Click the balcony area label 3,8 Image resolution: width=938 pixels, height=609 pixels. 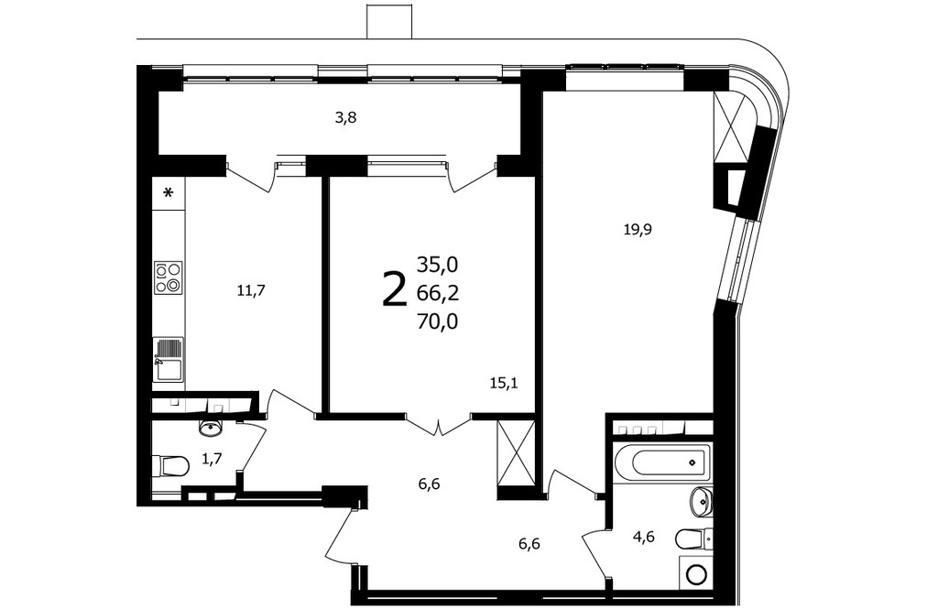point(345,117)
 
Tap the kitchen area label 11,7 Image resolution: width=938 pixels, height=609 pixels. point(251,290)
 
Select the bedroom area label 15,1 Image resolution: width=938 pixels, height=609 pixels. point(504,382)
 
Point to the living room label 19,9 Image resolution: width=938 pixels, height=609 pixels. point(638,229)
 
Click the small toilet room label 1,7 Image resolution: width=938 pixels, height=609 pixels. point(212,459)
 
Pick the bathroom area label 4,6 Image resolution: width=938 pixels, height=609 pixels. point(644,537)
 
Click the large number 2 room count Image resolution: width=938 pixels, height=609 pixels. point(394,288)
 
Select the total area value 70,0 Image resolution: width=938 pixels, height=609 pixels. point(438,321)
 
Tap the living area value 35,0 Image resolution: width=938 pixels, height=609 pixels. point(438,263)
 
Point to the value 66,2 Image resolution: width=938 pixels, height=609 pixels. point(438,292)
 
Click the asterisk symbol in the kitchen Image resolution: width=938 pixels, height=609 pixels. point(169,193)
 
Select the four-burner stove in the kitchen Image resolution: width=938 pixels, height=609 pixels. point(169,277)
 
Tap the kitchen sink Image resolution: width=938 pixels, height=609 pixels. point(169,360)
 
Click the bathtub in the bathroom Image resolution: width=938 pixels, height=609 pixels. point(662,462)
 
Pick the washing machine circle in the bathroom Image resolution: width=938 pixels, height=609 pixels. point(696,575)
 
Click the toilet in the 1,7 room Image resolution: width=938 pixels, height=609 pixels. point(170,465)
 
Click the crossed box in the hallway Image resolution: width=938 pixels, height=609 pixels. point(517,453)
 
